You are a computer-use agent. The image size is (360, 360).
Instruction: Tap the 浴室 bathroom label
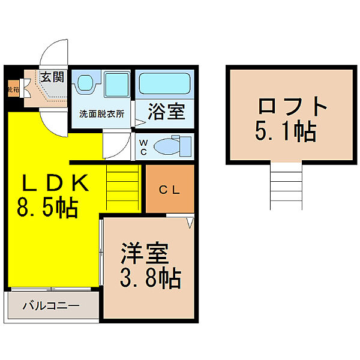pyautogui.click(x=167, y=112)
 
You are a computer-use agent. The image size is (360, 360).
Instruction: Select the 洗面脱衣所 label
pyautogui.click(x=102, y=114)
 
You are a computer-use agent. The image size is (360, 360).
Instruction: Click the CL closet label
pyautogui.click(x=169, y=191)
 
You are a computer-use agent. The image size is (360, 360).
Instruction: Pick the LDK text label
pyautogui.click(x=51, y=182)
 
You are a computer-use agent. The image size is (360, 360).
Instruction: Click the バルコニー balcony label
pyautogui.click(x=51, y=306)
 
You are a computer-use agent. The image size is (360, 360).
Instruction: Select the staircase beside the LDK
pyautogui.click(x=123, y=186)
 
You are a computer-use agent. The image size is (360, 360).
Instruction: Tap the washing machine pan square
pyautogui.click(x=117, y=84)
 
